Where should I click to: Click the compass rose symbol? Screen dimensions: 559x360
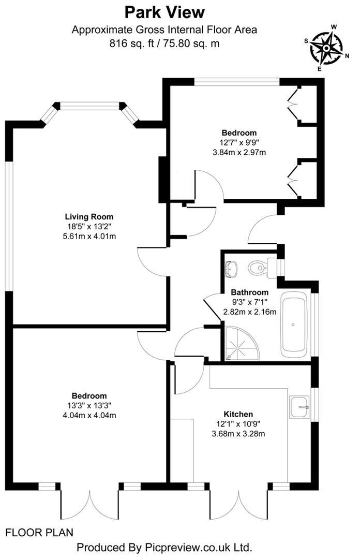(x=326, y=48)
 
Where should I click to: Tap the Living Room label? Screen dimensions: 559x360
(x=89, y=216)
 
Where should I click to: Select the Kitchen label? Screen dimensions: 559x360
(x=238, y=414)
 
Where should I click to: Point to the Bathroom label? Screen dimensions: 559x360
(x=249, y=292)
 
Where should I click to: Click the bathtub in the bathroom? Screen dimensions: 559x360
(x=293, y=325)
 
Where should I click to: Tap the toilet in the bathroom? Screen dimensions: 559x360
(x=257, y=267)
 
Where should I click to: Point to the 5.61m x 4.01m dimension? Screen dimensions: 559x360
(x=89, y=236)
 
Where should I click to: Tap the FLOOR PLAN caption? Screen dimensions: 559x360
(x=39, y=532)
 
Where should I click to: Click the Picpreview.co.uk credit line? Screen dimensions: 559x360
(x=164, y=547)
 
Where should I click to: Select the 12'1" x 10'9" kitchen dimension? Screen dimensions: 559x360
(x=238, y=424)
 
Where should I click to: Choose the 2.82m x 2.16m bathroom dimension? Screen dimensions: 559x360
(x=249, y=312)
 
